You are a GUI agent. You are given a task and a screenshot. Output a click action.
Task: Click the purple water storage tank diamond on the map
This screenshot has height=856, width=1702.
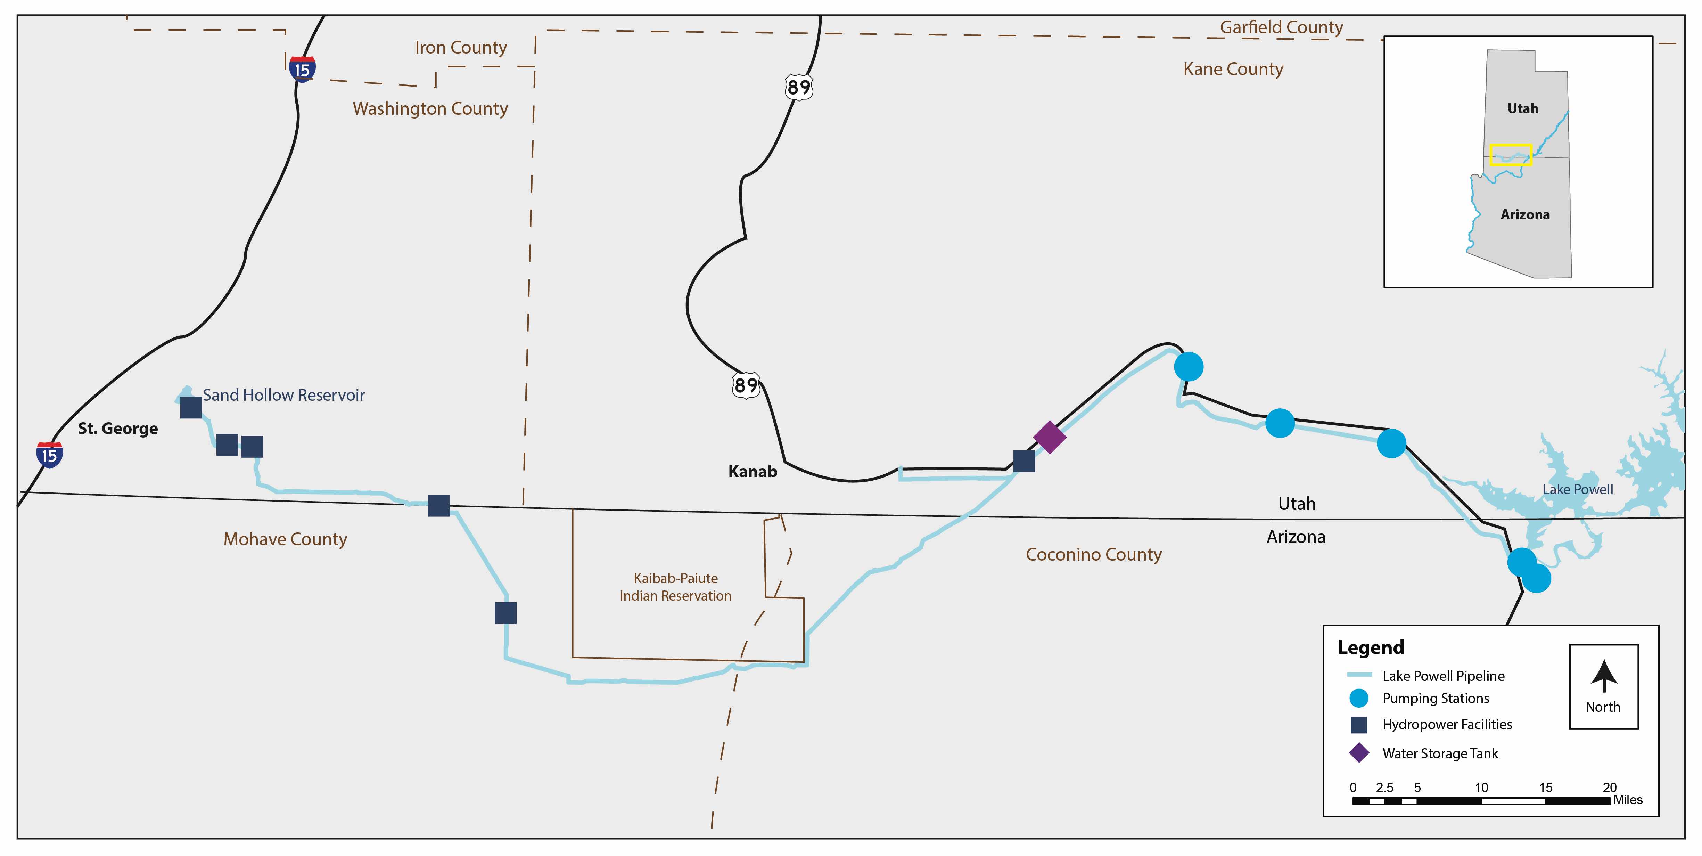coord(1049,437)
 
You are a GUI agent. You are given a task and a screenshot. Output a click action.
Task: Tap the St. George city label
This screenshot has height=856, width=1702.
coord(118,428)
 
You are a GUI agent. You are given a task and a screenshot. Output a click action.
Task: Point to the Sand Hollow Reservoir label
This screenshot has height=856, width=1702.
coord(283,395)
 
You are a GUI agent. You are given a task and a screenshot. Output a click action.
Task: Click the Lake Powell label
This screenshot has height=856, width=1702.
coord(1577,489)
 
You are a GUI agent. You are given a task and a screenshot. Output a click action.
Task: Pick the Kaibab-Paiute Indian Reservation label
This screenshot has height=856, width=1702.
coord(675,587)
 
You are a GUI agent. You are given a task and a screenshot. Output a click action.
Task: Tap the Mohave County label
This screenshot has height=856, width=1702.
coord(285,539)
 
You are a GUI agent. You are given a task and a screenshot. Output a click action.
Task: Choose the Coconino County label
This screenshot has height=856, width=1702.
coord(1093,555)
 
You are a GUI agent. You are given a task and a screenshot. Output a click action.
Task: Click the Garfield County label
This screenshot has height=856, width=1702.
coord(1281,27)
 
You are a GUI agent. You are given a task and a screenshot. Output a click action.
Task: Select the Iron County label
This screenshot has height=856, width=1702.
coord(461,48)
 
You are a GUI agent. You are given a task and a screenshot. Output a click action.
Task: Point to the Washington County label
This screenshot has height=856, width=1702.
coord(430,108)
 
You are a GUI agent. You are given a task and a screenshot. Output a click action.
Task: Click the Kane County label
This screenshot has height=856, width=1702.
coord(1233,69)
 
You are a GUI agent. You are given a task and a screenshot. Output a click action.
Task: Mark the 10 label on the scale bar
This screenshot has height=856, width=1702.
coord(1481,787)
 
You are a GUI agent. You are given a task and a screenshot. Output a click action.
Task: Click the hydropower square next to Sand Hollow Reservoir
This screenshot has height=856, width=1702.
coord(191,408)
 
